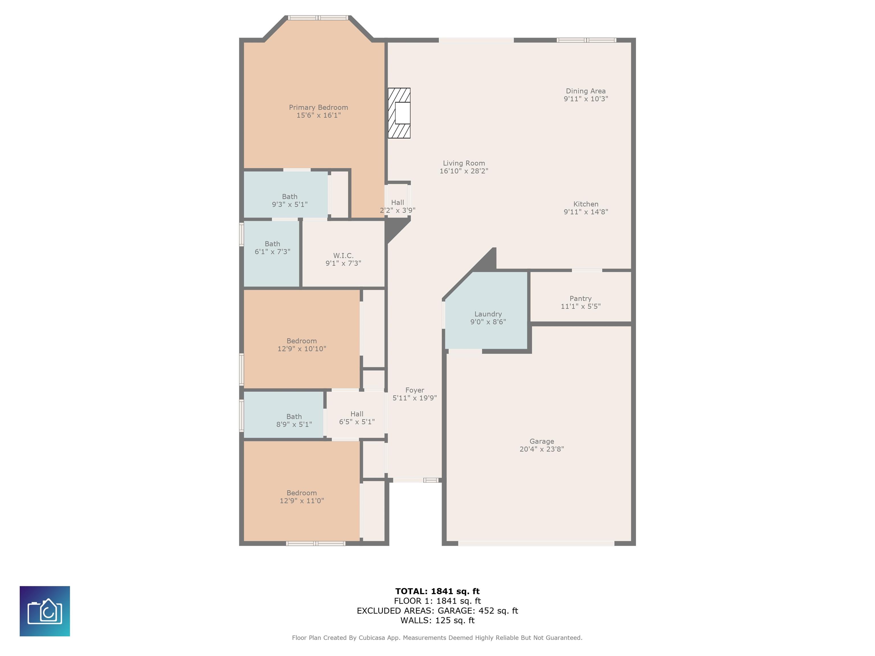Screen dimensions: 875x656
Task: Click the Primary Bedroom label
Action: tap(318, 107)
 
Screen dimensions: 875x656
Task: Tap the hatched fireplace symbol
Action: tap(399, 113)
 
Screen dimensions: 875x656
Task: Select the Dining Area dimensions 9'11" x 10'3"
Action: tap(586, 99)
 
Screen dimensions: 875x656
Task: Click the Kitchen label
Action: tap(586, 204)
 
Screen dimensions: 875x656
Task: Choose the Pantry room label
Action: tap(581, 299)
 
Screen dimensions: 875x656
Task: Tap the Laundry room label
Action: tap(488, 314)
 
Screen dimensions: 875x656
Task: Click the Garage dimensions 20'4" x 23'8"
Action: tap(541, 449)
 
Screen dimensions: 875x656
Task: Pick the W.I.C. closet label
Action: tap(343, 255)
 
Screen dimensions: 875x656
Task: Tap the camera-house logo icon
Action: tap(45, 611)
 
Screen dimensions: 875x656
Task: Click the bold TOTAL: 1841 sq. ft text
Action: tap(437, 591)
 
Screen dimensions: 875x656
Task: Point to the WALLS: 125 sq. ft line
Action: tap(437, 620)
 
